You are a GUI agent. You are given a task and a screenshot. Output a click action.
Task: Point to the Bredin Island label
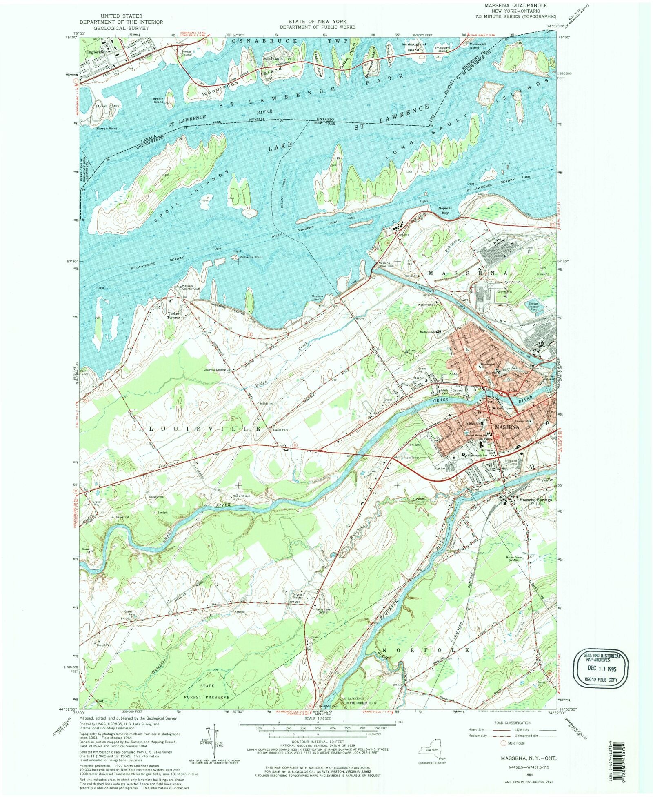point(158,100)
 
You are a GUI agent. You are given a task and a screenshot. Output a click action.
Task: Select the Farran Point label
point(107,128)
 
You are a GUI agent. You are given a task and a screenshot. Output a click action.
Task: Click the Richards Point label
point(251,257)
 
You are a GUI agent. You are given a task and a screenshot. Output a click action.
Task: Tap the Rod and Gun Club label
point(238,497)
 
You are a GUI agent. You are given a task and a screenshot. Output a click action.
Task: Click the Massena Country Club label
point(191,287)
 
